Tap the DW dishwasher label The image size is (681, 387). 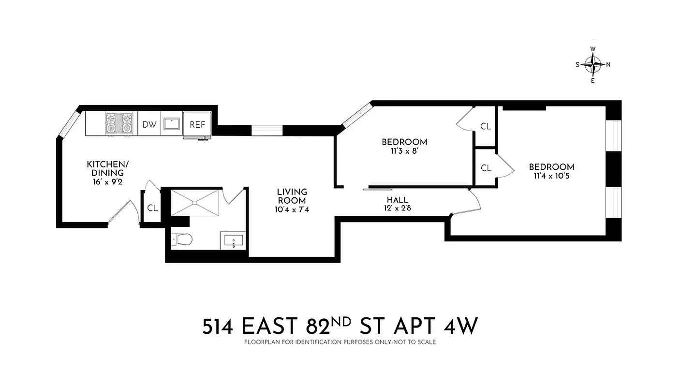point(149,124)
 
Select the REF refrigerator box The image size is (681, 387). point(197,124)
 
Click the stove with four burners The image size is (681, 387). point(119,123)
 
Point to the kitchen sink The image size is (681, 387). point(171,124)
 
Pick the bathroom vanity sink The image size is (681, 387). point(233,240)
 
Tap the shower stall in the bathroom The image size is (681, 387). point(195,203)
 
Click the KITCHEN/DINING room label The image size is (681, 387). point(105,168)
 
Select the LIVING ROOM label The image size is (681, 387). point(292,196)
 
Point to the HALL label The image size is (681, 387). point(397,200)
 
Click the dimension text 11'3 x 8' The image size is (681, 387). point(404,150)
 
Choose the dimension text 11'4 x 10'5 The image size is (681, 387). point(551,176)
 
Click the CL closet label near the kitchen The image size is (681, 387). point(153,208)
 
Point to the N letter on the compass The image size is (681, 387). point(608,64)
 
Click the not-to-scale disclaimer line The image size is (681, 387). point(340,342)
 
